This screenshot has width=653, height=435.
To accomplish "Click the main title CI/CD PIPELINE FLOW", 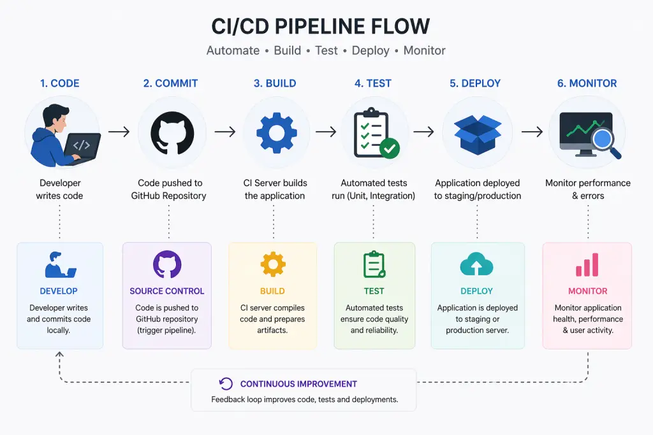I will (x=321, y=26).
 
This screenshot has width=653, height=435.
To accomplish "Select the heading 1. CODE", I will (x=60, y=83).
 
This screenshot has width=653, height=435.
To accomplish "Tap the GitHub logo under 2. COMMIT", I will (x=172, y=132).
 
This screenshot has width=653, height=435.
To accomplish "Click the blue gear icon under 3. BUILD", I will (x=275, y=132).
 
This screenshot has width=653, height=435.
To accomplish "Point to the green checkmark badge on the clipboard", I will (x=389, y=148).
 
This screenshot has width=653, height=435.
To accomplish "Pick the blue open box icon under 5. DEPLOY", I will (x=477, y=132).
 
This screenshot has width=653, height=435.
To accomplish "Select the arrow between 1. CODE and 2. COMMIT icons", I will (x=119, y=132).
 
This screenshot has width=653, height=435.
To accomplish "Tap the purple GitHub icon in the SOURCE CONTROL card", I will (x=167, y=264).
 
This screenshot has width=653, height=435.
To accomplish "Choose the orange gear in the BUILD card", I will (x=272, y=264).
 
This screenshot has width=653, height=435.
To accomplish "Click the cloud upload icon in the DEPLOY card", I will (x=476, y=264).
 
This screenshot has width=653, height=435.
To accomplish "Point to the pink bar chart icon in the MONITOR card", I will (x=587, y=265).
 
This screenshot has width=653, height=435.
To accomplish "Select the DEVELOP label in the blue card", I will (x=59, y=291).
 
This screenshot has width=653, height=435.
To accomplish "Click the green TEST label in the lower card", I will (x=374, y=291).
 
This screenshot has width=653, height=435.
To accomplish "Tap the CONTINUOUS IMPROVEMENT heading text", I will (x=298, y=384).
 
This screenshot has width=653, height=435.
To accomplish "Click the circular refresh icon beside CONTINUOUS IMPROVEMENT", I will (x=225, y=383).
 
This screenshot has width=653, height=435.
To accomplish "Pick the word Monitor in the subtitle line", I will (x=424, y=50).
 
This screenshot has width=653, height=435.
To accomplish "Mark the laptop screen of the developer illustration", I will (x=83, y=146).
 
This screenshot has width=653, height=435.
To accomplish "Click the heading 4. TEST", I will (x=373, y=83).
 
